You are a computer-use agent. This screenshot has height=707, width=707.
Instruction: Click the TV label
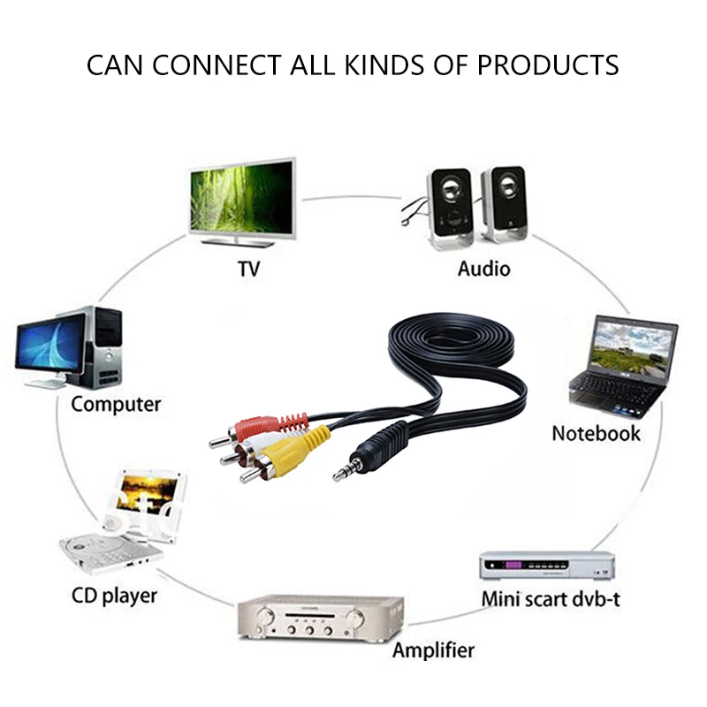249,269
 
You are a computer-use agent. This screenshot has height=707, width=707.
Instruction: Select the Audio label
483,268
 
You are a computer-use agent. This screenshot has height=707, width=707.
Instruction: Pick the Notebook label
596,434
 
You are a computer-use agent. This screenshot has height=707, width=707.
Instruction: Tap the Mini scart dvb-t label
551,598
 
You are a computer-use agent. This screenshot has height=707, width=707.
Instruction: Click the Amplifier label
433,651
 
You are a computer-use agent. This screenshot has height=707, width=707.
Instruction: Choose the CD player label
114,595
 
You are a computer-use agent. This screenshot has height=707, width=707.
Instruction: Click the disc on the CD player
97,550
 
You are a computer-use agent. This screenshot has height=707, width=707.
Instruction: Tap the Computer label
116,405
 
